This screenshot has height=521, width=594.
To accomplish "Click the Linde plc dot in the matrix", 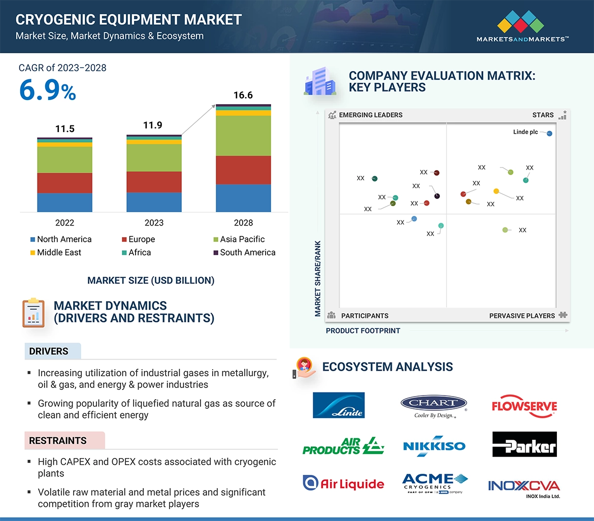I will pyautogui.click(x=550, y=134).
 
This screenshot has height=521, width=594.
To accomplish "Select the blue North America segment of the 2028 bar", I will pyautogui.click(x=243, y=198).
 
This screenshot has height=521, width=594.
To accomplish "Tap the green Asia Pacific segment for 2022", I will pyautogui.click(x=64, y=159).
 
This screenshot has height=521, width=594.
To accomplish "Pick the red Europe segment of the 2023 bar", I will pyautogui.click(x=154, y=182).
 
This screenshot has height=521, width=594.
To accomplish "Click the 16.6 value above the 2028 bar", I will pyautogui.click(x=243, y=95).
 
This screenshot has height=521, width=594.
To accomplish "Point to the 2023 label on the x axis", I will pyautogui.click(x=154, y=222).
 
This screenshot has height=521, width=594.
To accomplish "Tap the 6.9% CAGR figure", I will pyautogui.click(x=48, y=90).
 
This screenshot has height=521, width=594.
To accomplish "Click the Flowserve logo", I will pyautogui.click(x=524, y=406).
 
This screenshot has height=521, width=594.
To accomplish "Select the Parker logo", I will pyautogui.click(x=524, y=445).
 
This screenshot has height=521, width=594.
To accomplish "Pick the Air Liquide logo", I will pyautogui.click(x=343, y=483).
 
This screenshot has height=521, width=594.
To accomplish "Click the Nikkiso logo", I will pyautogui.click(x=434, y=445).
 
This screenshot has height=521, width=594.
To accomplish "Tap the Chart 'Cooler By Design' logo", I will pyautogui.click(x=434, y=406).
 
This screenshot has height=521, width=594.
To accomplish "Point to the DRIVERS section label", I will pyautogui.click(x=49, y=351).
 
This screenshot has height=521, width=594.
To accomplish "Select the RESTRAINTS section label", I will pyautogui.click(x=58, y=441).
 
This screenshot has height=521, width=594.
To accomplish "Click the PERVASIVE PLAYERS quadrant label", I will pyautogui.click(x=522, y=316).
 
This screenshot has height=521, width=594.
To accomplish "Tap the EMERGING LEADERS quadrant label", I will pyautogui.click(x=371, y=115).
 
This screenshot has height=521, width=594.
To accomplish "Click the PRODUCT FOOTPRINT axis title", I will pyautogui.click(x=363, y=331).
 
